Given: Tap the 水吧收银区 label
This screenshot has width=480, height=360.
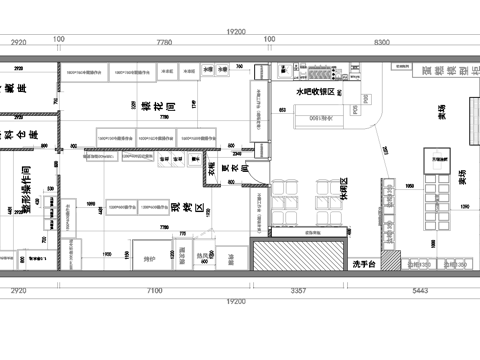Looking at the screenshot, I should click(316, 92).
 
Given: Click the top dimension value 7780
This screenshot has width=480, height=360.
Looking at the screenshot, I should click(165, 44).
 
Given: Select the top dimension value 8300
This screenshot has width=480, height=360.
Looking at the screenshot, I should click(381, 44).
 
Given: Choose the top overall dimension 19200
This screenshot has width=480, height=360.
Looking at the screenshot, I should click(236, 32).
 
